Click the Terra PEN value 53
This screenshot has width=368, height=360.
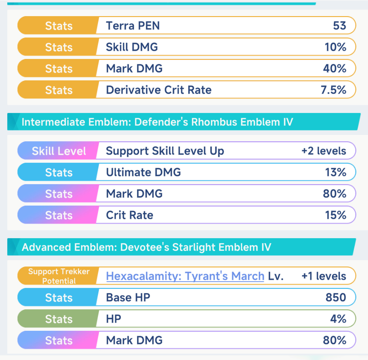coord(339,26)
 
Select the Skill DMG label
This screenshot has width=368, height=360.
coord(132,47)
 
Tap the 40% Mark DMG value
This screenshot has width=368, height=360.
coord(334,69)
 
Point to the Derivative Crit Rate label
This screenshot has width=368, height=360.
coord(158,90)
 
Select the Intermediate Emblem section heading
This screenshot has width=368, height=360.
coord(157,122)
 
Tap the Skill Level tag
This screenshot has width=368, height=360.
coord(58,151)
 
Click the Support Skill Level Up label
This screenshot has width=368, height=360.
coord(165,151)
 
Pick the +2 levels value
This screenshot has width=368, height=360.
coord(324,151)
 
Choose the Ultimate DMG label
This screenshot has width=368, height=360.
coord(143,172)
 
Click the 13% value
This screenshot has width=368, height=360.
coord(335,172)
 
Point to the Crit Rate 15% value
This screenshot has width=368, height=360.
coord(335,215)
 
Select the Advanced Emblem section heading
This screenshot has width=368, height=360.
coord(146,247)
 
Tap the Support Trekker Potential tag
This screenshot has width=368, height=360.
coord(58,276)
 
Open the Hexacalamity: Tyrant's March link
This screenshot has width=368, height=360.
coord(185,276)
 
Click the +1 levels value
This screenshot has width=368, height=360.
coord(324,276)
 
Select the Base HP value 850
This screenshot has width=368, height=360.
coord(336,298)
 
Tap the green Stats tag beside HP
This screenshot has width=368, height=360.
coord(58,319)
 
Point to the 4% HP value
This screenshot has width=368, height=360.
coord(338,319)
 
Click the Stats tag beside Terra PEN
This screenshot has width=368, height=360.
coord(58,26)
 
